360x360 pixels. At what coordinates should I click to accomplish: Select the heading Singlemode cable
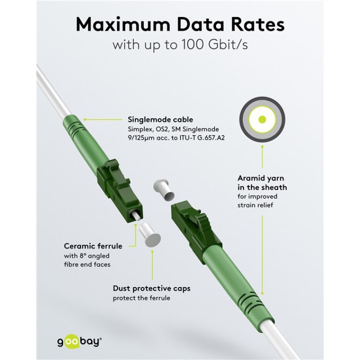pyautogui.click(x=160, y=119)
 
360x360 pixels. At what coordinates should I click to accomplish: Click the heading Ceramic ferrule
pyautogui.click(x=93, y=246)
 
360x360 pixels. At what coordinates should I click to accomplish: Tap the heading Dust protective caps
pyautogui.click(x=152, y=288)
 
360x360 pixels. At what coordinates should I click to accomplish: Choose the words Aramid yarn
pyautogui.click(x=261, y=178)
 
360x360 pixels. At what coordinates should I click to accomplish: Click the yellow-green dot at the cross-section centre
pyautogui.click(x=262, y=119)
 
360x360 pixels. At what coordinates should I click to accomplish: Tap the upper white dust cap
pyautogui.click(x=164, y=189)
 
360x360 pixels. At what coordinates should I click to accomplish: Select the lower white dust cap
pyautogui.click(x=149, y=235)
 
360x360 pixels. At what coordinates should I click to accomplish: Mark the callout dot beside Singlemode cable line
pyautogui.click(x=85, y=119)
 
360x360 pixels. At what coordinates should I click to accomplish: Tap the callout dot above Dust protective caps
pyautogui.click(x=152, y=252)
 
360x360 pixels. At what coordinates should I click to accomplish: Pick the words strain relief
pyautogui.click(x=255, y=205)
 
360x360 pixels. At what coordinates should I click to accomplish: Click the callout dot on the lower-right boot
pyautogui.click(x=262, y=293)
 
